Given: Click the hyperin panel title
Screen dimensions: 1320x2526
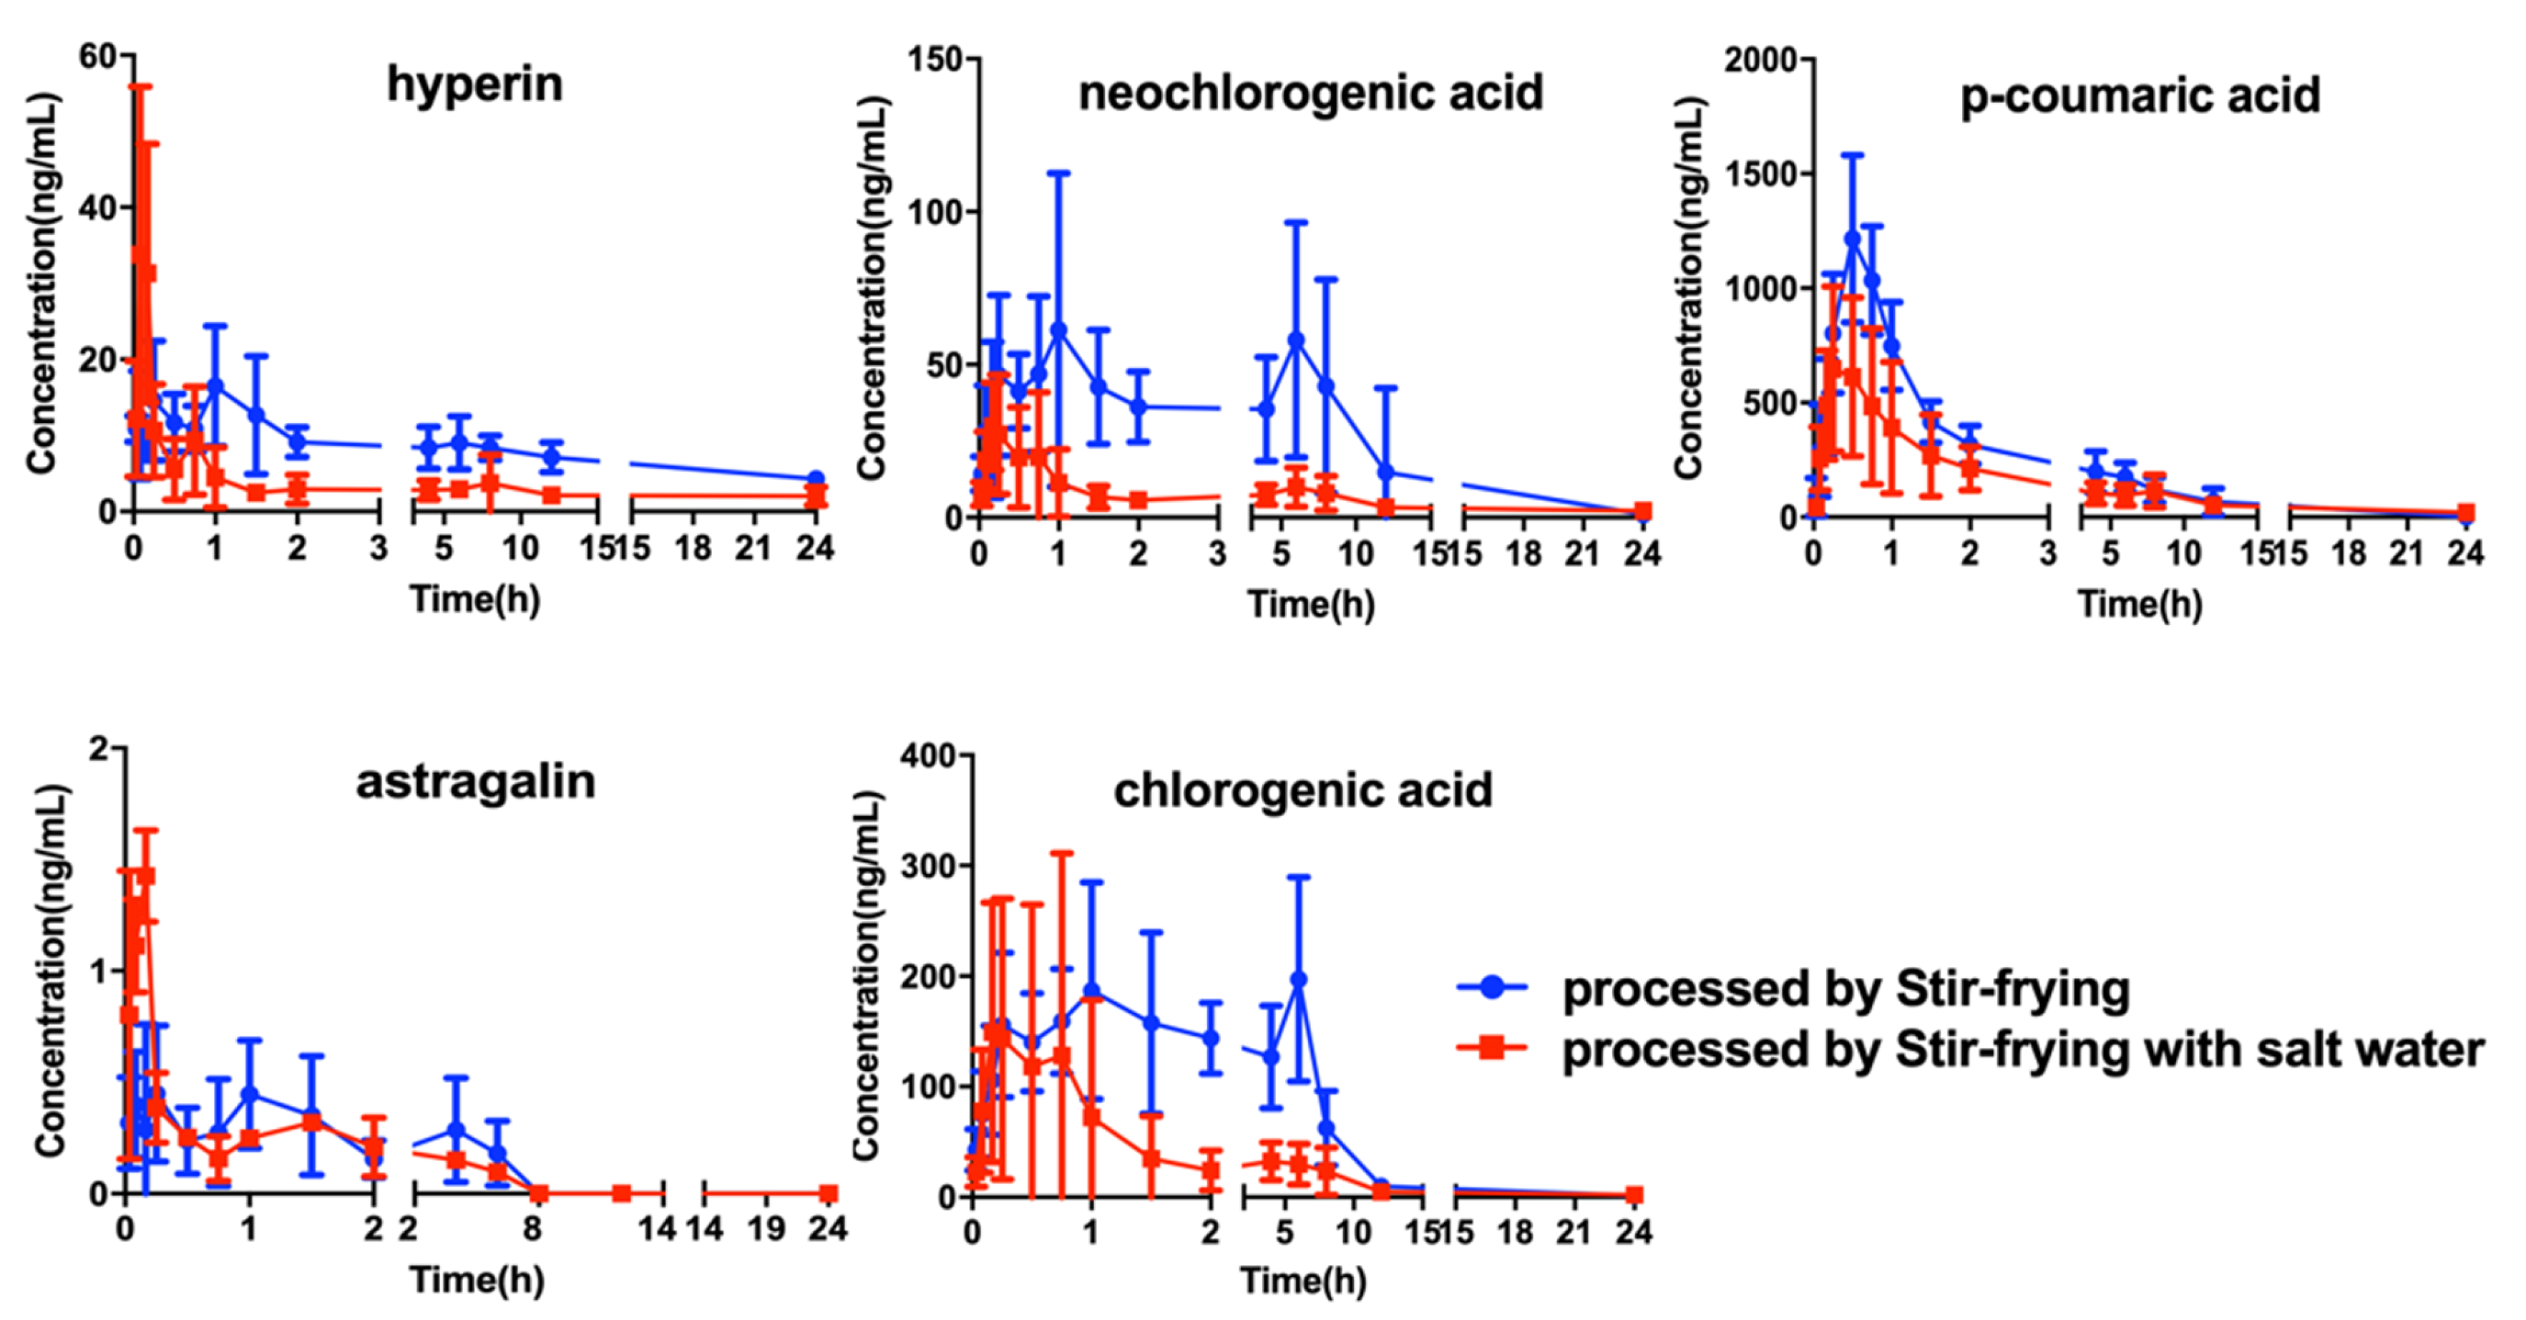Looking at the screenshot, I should coord(474,84).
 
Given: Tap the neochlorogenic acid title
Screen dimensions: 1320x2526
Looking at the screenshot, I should coord(1310,93).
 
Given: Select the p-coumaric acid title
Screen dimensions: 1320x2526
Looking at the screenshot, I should coord(2140,96).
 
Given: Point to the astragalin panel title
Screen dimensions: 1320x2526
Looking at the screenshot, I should coord(476,782).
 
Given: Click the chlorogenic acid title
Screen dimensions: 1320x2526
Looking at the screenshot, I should coord(1302,790).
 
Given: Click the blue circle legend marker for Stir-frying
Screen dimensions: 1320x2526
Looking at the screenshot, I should coord(1491,986).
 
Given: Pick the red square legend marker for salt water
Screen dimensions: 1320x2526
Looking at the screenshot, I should coord(1491,1047).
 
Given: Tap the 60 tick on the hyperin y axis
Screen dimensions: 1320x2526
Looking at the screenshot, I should coord(97,57).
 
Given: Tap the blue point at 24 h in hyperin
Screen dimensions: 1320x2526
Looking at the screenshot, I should coord(815,479).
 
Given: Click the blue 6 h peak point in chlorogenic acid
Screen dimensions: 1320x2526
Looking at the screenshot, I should coord(1298,979).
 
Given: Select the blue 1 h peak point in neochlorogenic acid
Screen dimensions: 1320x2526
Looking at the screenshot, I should coord(1058,329).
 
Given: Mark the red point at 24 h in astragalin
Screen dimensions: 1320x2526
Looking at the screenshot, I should coord(829,1193).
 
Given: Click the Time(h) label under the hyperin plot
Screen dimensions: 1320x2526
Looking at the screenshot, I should coord(474,599).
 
